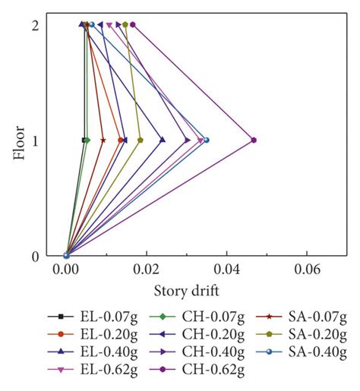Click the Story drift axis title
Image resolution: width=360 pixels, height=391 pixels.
coord(187,290)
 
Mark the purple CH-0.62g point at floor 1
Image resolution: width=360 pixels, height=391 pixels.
coord(254,140)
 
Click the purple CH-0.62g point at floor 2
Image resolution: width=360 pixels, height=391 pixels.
coord(133,24)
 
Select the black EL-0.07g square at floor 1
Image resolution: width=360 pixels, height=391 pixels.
coord(84,140)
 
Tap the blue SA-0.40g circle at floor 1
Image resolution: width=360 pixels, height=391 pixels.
coord(207,140)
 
